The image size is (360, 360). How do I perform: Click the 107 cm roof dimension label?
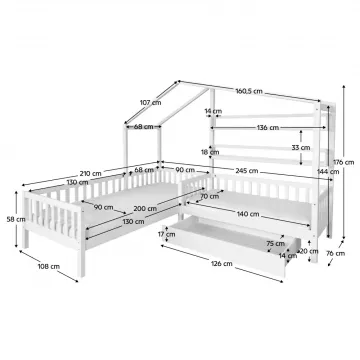click(150, 103)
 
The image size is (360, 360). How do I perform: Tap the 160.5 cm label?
click(249, 91)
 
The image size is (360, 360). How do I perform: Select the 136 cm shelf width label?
click(268, 128)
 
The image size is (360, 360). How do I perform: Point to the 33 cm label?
click(301, 147)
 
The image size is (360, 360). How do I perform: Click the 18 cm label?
click(211, 152)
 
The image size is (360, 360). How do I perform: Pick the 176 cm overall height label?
click(344, 162)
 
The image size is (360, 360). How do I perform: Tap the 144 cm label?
click(328, 172)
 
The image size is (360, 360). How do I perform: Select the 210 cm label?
click(90, 173)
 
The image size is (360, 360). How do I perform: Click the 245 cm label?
click(247, 171)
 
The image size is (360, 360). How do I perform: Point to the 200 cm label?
click(145, 209)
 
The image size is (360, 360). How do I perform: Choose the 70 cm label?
click(209, 196)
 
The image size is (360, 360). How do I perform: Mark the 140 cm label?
click(248, 214)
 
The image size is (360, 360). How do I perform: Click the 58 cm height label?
click(16, 219)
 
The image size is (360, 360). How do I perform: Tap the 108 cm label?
click(49, 266)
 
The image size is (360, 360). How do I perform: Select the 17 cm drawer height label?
click(166, 234)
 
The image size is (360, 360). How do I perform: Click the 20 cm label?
click(309, 251)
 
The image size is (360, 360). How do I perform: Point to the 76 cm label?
click(336, 253)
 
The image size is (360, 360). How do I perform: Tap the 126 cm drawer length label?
click(222, 264)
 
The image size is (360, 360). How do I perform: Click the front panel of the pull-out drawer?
click(226, 252)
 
